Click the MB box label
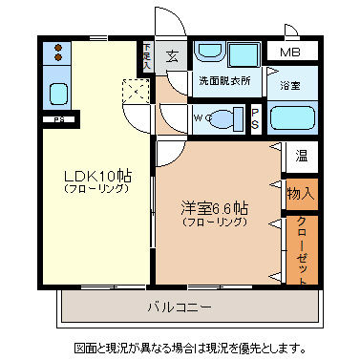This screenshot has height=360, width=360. coord(287,53)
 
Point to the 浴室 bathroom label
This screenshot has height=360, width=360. coord(291,85)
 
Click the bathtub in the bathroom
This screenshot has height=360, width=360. coord(291,118)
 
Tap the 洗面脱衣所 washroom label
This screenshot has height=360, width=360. coord(224,82)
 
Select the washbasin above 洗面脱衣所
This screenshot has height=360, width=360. coord(213,53)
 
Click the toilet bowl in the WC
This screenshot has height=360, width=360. coord(226,118)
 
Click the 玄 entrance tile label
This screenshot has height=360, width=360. coord(173,55)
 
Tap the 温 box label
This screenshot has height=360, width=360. coord(301,154)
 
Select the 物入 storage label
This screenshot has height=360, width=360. coord(300,193)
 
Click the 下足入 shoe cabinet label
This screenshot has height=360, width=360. coord(147,56)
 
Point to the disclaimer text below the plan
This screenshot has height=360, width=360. coord(190,347)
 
